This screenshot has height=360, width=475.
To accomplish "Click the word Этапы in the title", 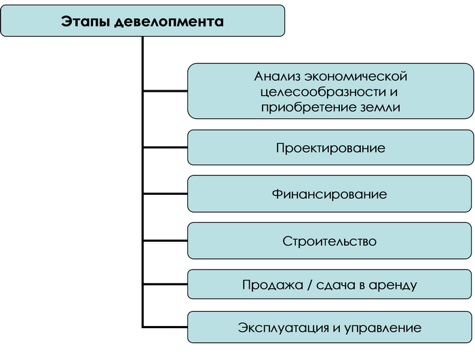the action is point(85,22).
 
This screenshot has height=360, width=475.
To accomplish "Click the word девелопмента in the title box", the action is point(169,22).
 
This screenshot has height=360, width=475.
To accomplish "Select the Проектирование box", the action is point(330,147).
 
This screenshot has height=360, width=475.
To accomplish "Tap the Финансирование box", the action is point(330,194).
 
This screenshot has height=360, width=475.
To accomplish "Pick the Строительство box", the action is point(330,241).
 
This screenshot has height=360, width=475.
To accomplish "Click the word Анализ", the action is point(277,76).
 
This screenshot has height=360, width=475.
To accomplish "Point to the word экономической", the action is point(356,76).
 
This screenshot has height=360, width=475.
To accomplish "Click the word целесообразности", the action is point(322,92).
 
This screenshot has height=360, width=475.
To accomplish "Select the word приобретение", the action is point(308,108).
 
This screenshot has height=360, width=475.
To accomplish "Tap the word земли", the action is point(381,108).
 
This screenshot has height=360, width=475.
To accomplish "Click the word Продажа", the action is point(273,285).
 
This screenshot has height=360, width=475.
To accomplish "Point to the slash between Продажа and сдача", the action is point(309,285).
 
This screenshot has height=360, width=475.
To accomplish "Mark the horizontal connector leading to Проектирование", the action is point(165,147).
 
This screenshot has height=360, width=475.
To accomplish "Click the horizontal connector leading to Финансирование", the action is point(165,194).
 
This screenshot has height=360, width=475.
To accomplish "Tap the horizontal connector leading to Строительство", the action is point(165,241).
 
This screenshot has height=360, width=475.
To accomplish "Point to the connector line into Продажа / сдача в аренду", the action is point(165,285).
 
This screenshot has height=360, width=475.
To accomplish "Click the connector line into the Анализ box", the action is point(165,91).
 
